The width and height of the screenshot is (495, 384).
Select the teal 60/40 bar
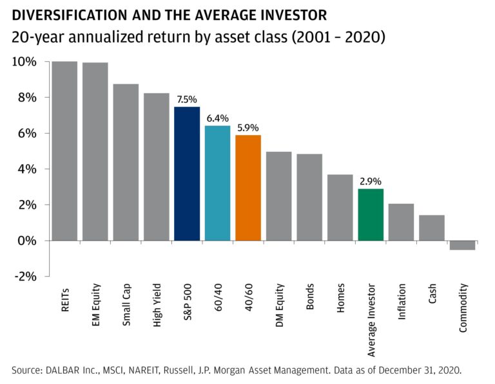click(x=217, y=183)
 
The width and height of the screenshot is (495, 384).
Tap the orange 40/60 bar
click(x=248, y=188)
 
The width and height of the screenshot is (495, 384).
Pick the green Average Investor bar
click(x=371, y=215)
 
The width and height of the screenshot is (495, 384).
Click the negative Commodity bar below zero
click(x=462, y=245)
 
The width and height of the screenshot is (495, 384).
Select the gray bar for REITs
click(x=64, y=151)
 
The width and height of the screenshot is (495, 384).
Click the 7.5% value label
click(x=187, y=100)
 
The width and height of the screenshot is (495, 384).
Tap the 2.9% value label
click(x=371, y=181)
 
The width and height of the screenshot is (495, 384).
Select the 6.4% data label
click(x=217, y=118)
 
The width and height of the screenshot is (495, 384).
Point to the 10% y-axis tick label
click(x=23, y=62)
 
